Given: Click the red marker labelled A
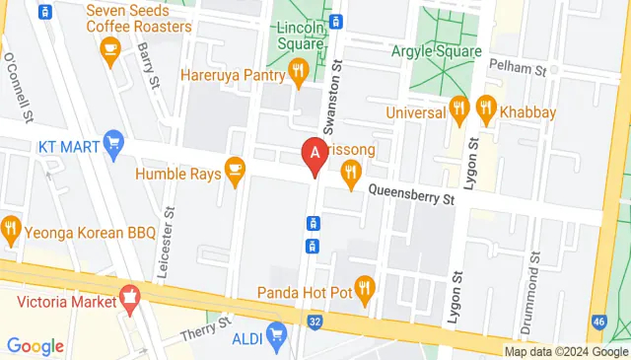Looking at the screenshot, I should click(315, 155).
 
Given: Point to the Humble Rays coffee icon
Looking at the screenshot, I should click(234, 170).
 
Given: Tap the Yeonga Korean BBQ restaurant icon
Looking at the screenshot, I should click(11, 230).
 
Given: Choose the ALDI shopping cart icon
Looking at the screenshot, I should click(280, 331).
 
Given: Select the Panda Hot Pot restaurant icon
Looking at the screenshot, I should click(365, 287).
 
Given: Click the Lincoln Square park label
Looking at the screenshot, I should click(301, 36).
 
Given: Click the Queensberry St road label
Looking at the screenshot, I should click(411, 197).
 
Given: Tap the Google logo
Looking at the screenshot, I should click(35, 346).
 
